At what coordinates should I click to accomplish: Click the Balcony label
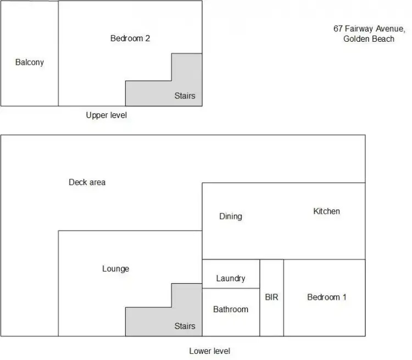pyautogui.click(x=29, y=62)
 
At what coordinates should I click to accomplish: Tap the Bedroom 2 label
pyautogui.click(x=130, y=38)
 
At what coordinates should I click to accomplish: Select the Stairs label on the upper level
pyautogui.click(x=185, y=96)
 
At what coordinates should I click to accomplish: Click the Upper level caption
pyautogui.click(x=107, y=115)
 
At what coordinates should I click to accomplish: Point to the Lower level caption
pyautogui.click(x=209, y=351)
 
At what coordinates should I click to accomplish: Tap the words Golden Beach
pyautogui.click(x=369, y=38)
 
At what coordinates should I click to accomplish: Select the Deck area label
pyautogui.click(x=87, y=182)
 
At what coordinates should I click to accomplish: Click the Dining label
pyautogui.click(x=230, y=216)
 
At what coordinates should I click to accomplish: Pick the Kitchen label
pyautogui.click(x=326, y=211)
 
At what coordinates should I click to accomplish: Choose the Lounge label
pyautogui.click(x=115, y=269)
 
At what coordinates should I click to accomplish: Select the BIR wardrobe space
pyautogui.click(x=271, y=297)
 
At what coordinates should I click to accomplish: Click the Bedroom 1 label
pyautogui.click(x=326, y=297)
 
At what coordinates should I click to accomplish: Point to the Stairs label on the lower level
pyautogui.click(x=185, y=326)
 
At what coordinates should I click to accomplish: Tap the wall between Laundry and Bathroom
pyautogui.click(x=231, y=288)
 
